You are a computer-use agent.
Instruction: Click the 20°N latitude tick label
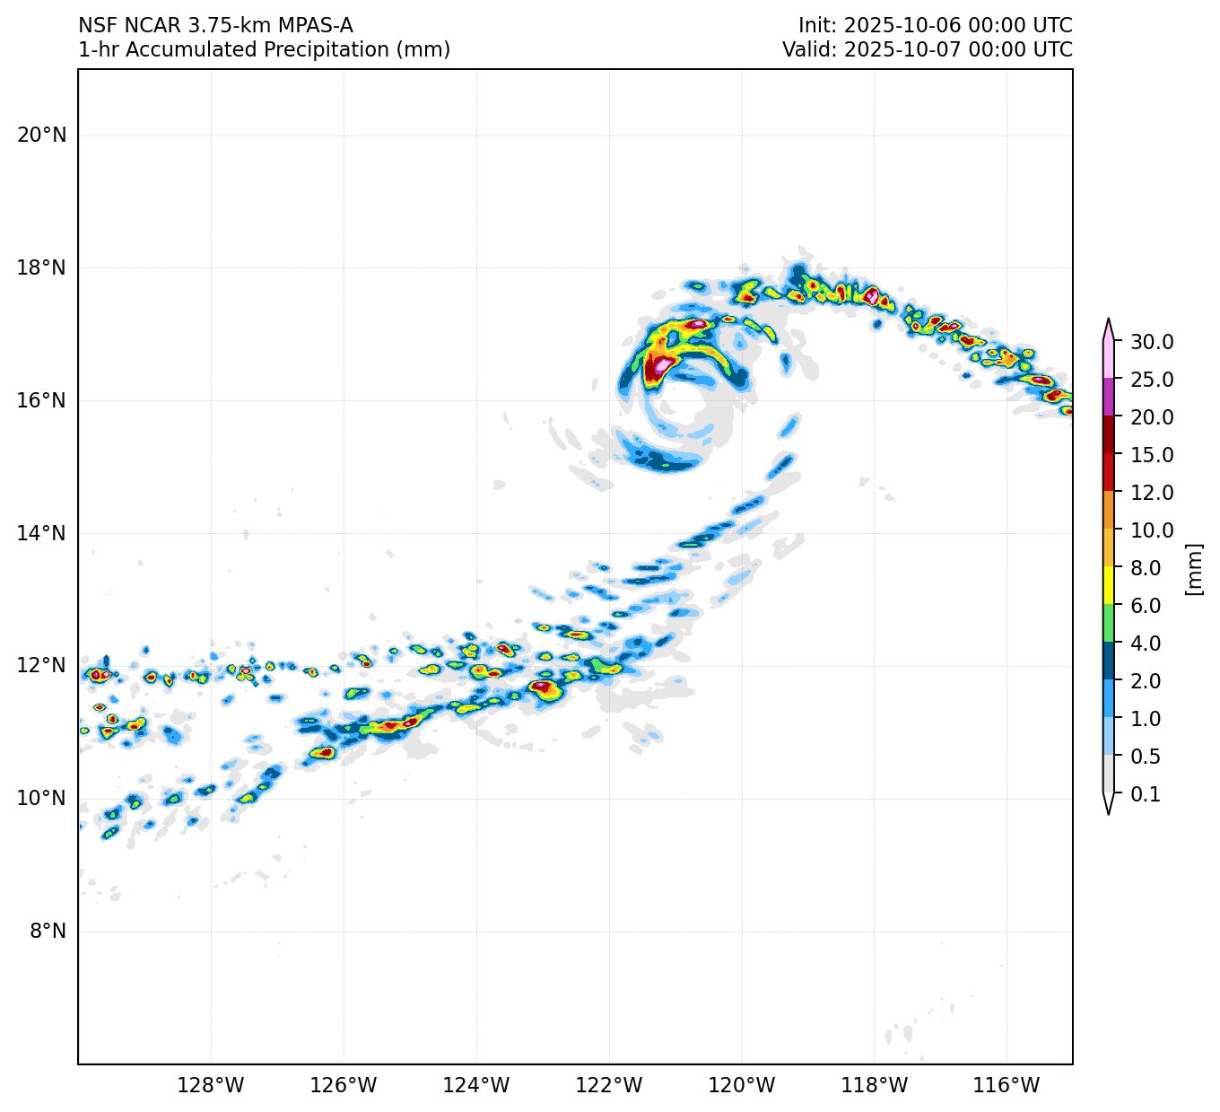click(41, 136)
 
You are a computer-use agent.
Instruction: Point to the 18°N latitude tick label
click(41, 268)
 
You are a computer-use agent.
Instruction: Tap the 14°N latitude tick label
click(41, 533)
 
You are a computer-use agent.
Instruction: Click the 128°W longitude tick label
click(211, 1086)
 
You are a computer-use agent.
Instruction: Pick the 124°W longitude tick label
click(476, 1086)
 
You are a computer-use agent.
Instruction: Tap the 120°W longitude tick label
click(742, 1086)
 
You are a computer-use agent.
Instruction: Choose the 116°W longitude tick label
click(1006, 1086)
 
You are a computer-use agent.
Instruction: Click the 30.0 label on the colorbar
click(1152, 342)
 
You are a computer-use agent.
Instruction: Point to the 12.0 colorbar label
click(1152, 493)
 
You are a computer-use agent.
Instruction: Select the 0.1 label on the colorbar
click(1146, 794)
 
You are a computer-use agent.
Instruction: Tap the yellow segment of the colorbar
click(1109, 585)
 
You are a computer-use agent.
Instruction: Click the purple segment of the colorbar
click(1109, 397)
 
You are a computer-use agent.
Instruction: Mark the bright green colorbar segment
click(1109, 623)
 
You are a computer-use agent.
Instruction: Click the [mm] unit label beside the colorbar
click(1193, 568)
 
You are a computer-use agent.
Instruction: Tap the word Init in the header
click(816, 25)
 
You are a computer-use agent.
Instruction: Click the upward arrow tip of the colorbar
click(1109, 320)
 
